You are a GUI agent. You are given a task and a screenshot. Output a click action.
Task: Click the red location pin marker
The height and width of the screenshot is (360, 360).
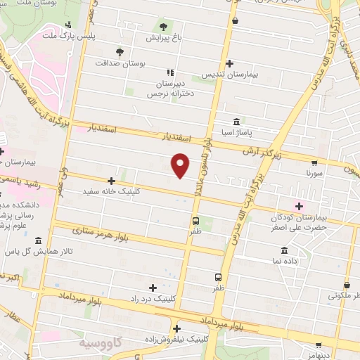pyautogui.click(x=181, y=165)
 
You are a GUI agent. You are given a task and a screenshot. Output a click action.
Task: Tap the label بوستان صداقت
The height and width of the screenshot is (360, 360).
pyautogui.click(x=124, y=63)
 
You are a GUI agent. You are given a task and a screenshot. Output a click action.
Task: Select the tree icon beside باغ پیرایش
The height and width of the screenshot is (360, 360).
pyautogui.click(x=163, y=26)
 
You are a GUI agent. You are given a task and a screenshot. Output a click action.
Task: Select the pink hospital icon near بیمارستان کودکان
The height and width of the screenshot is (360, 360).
pyautogui.click(x=300, y=205)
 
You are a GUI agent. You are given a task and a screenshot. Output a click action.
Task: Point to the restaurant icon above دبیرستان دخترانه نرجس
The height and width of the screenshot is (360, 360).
pyautogui.click(x=169, y=72)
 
